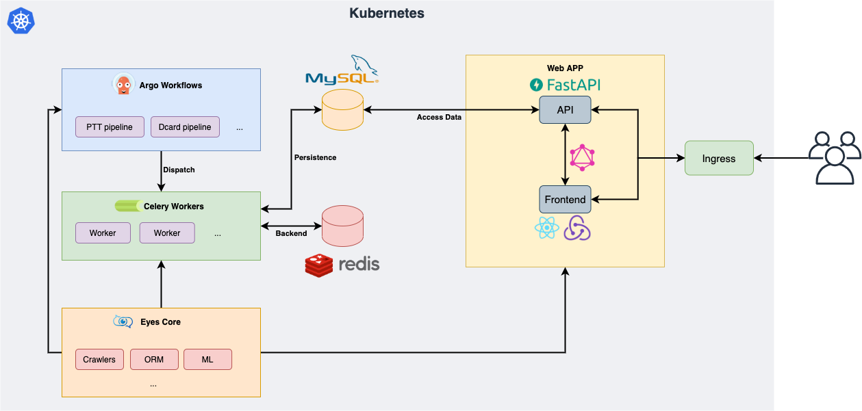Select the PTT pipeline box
tap(110, 127)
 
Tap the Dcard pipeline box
tap(185, 127)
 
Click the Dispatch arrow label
tap(179, 170)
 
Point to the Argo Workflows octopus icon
tap(123, 85)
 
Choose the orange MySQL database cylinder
tap(342, 110)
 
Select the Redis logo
tap(342, 265)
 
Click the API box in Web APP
tap(565, 110)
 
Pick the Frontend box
tap(565, 200)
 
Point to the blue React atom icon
tap(546, 228)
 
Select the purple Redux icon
tap(577, 228)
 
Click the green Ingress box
tap(719, 159)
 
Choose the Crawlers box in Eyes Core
tap(100, 360)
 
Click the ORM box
tap(154, 360)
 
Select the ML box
tap(207, 360)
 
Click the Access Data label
tap(439, 118)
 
